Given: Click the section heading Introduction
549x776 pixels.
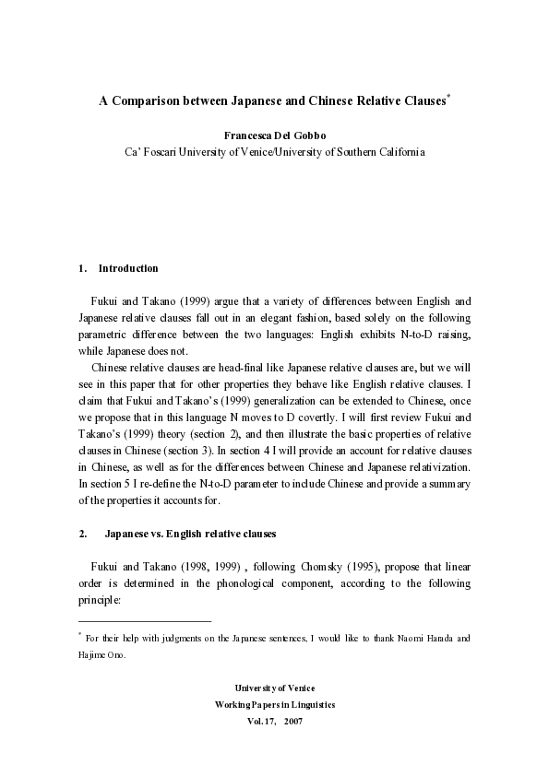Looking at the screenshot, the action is (x=128, y=268).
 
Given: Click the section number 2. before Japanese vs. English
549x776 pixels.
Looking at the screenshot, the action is (x=83, y=534).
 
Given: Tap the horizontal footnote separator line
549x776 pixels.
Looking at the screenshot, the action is (x=145, y=622).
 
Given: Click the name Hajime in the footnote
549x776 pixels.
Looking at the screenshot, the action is (x=92, y=655).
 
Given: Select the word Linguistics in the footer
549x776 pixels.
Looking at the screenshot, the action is (x=310, y=704).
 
